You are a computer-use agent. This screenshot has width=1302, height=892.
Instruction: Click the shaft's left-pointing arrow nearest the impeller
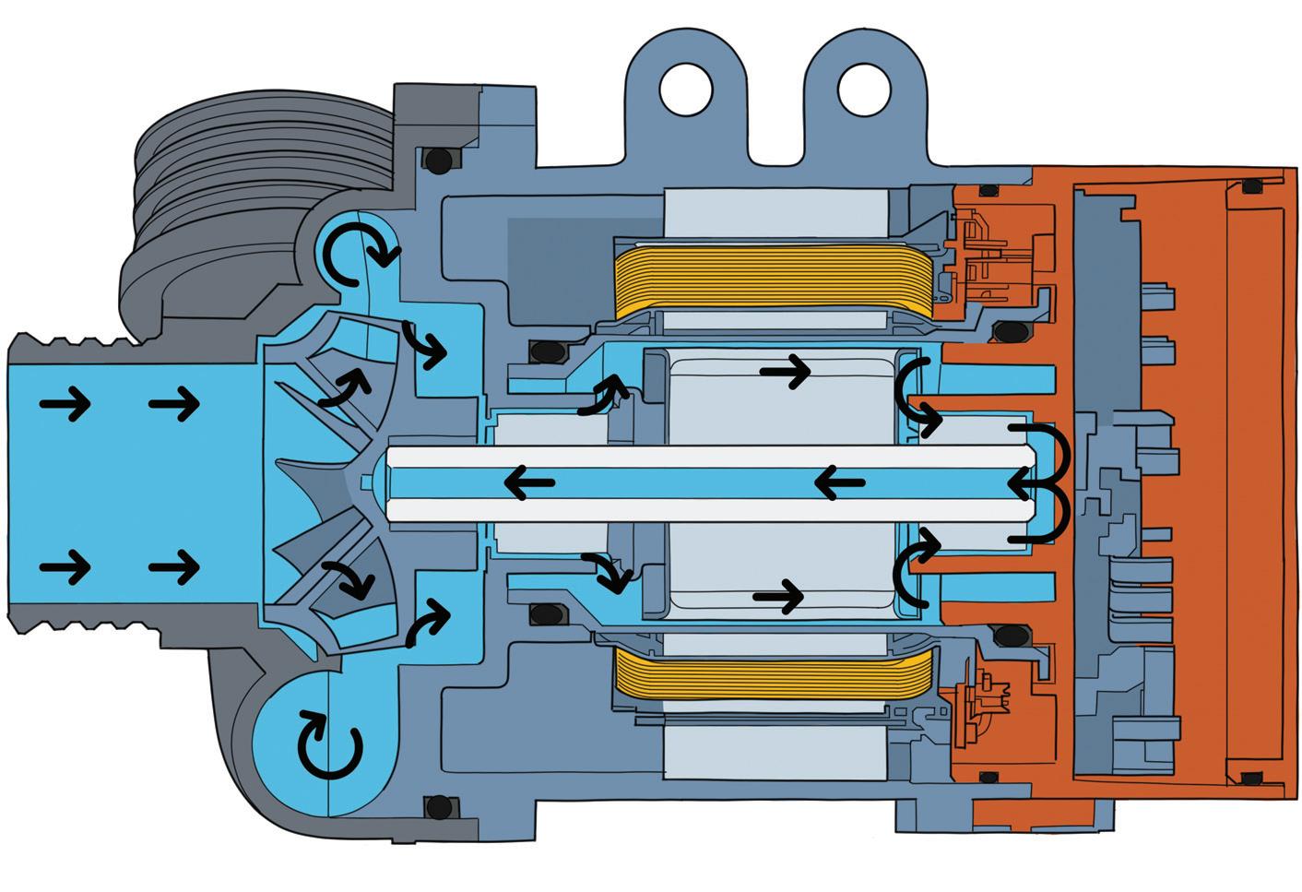(527, 482)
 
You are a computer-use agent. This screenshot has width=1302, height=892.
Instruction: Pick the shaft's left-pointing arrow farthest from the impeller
(839, 482)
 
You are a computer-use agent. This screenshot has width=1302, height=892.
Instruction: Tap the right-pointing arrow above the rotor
(785, 373)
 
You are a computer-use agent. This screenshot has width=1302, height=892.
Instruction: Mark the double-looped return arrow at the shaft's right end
(1040, 482)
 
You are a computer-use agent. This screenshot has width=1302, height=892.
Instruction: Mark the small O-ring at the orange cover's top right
(1250, 186)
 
